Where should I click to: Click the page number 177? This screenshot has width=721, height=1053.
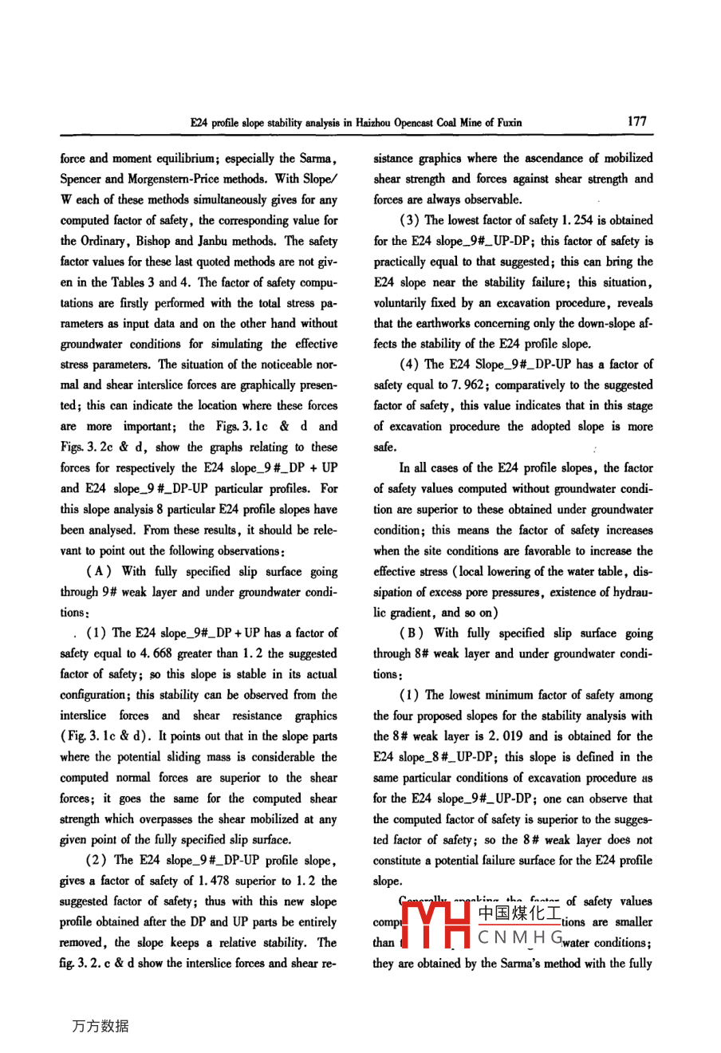[636, 121]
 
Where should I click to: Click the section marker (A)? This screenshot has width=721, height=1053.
[100, 571]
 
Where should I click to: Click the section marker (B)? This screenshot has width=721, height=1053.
[413, 633]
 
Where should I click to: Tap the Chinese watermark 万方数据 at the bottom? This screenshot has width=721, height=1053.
[100, 1026]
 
